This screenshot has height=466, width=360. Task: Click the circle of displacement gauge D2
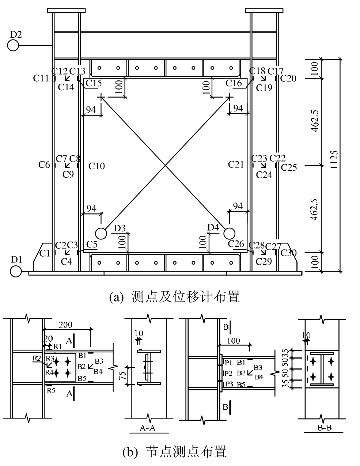[x=13, y=45]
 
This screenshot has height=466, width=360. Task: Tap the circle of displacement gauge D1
[x=15, y=272]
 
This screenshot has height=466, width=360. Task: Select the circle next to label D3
[x=101, y=233]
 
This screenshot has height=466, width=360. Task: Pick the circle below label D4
[x=229, y=233]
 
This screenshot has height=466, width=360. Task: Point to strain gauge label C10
[x=97, y=166]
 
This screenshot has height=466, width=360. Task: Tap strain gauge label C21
[x=236, y=164]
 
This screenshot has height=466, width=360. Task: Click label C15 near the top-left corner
[x=94, y=83]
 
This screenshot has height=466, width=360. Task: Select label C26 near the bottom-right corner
[x=236, y=243]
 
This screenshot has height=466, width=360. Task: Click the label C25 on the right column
[x=289, y=167]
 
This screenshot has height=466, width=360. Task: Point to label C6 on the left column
[x=44, y=165]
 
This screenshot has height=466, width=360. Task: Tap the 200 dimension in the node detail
[x=65, y=325]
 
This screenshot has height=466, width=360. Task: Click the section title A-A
[x=148, y=428]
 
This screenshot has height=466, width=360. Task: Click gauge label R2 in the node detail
[x=36, y=358]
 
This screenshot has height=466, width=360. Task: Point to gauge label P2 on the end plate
[x=228, y=373]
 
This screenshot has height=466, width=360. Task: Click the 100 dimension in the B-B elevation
[x=233, y=341]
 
